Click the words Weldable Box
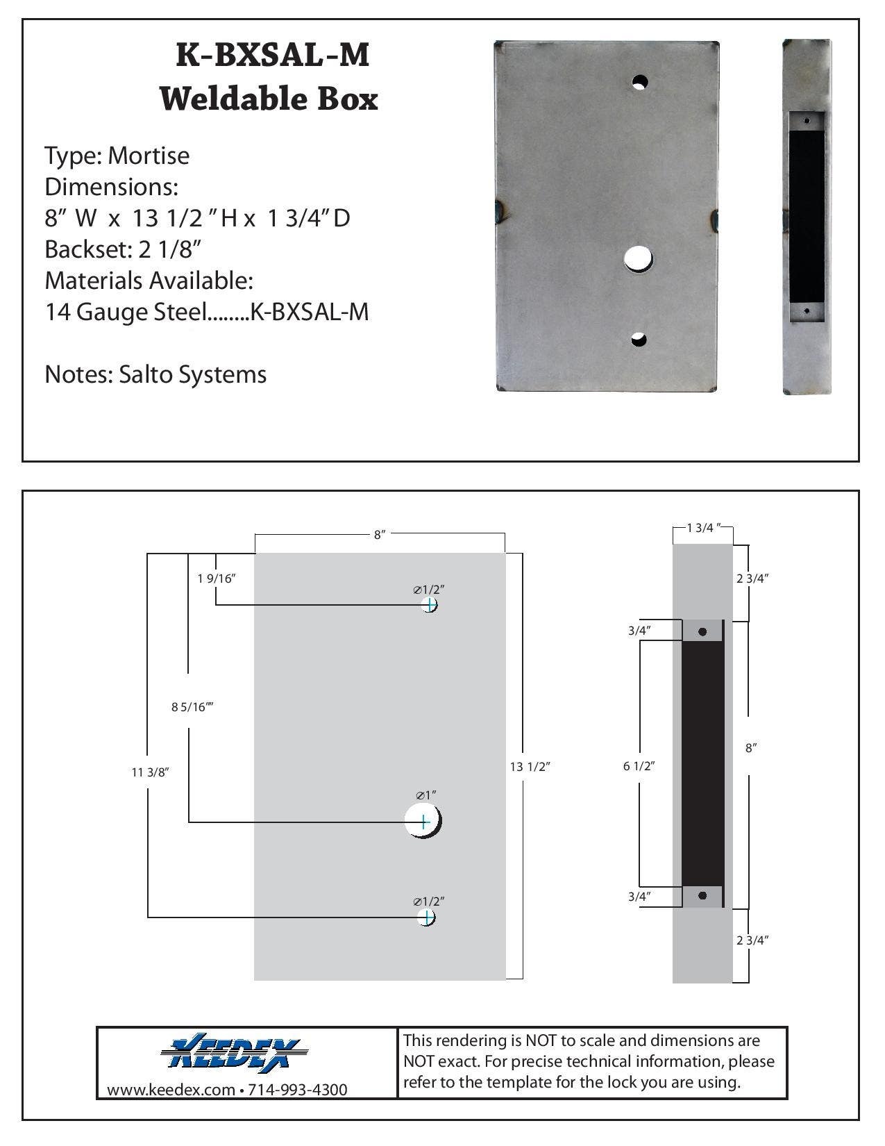269,99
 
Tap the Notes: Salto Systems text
155,374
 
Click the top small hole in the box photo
639,82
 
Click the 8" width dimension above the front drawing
379,535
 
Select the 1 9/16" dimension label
217,578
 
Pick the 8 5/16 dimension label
192,707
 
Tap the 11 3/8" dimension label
150,772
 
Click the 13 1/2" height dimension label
530,767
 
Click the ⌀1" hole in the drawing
423,822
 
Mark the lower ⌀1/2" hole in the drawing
427,917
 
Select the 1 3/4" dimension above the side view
704,528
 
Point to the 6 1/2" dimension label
639,766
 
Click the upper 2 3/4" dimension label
752,578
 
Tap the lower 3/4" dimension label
639,896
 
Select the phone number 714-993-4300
298,1090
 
